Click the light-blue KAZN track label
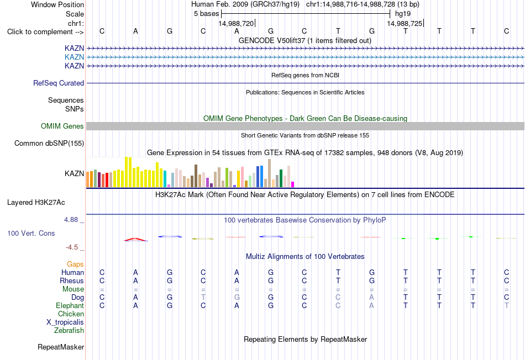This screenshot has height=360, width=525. click(74, 57)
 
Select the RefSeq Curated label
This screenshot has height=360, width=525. click(59, 83)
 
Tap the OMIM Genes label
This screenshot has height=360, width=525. click(62, 126)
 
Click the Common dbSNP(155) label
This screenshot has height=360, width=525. click(49, 143)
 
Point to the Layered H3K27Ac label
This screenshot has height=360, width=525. click(36, 203)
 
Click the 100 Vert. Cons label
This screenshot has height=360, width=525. click(31, 233)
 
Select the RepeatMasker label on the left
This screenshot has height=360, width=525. click(61, 347)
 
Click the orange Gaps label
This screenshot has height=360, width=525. click(75, 264)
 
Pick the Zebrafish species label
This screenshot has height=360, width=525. click(69, 330)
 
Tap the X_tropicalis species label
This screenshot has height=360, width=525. click(65, 322)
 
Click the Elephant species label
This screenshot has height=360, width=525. click(70, 305)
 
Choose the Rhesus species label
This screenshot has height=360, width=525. click(72, 280)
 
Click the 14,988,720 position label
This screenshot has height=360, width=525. click(236, 23)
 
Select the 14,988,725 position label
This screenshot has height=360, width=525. click(405, 23)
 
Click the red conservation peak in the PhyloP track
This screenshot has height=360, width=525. click(135, 239)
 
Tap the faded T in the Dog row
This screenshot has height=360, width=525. click(203, 297)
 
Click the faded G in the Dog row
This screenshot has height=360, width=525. click(237, 297)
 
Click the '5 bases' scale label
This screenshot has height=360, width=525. click(206, 14)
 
